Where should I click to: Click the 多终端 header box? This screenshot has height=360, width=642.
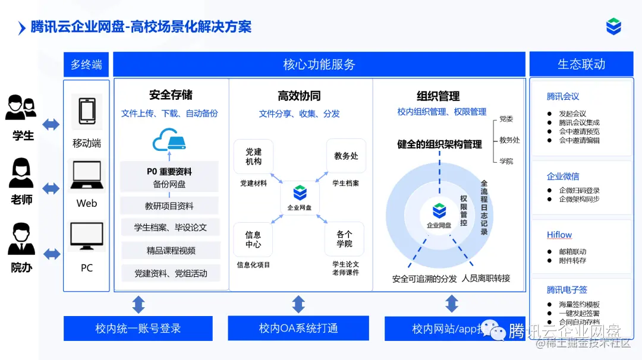click(x=86, y=64)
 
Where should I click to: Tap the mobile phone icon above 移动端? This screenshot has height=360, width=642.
click(x=87, y=111)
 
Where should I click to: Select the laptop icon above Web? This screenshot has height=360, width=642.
click(x=87, y=176)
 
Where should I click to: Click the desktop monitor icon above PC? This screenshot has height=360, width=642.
click(x=87, y=236)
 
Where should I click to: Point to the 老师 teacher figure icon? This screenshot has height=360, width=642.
click(x=21, y=173)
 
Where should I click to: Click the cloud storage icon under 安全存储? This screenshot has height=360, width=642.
click(x=169, y=141)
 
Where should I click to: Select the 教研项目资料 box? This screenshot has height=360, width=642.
click(x=169, y=206)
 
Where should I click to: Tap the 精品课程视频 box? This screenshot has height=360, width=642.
click(x=171, y=251)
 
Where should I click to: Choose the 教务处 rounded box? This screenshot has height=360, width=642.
click(x=346, y=156)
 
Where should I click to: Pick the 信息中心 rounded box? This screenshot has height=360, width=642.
click(x=253, y=239)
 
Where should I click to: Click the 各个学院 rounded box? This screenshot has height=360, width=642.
click(x=344, y=239)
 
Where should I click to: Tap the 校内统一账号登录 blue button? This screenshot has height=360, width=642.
click(x=138, y=329)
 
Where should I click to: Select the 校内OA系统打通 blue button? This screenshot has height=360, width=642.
click(x=298, y=329)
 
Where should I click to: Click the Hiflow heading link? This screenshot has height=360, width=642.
click(x=559, y=235)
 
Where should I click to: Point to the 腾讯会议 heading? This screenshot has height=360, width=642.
click(x=563, y=96)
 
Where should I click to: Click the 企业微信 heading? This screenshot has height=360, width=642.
click(x=563, y=176)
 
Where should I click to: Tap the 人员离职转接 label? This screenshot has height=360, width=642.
click(x=486, y=278)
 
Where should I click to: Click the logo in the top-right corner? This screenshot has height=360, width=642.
click(x=613, y=27)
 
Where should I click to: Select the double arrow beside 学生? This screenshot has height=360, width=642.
click(x=51, y=124)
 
